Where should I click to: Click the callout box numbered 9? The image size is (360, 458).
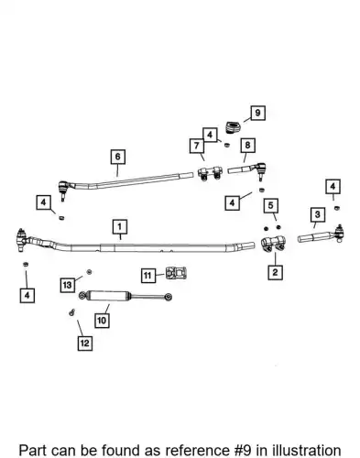pos(257,113)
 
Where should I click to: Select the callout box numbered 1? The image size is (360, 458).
pos(120,227)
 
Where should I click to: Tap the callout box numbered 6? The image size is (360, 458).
pos(118,157)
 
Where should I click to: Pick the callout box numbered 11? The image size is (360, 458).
pos(147,276)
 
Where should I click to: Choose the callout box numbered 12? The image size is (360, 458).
pos(85,343)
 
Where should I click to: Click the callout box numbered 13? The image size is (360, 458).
pos(68,285)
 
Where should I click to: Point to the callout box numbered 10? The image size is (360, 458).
pos(102,321)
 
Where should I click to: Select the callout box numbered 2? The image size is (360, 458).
pos(275,272)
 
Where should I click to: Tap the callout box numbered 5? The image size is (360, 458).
pos(271,205)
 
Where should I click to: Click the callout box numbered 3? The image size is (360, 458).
pos(318,214)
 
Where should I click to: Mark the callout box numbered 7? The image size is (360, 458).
pos(197,146)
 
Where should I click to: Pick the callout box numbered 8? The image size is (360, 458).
pos(247,145)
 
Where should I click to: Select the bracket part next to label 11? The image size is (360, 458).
pos(176,273)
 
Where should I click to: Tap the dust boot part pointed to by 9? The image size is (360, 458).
pos(234,127)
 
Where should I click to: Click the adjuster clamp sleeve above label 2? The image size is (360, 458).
pos(273,244)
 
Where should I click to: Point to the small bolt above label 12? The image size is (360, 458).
pos(72,312)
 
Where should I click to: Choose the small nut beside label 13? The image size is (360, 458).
pos(90,271)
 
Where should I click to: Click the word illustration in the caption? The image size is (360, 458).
pos(307,451)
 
